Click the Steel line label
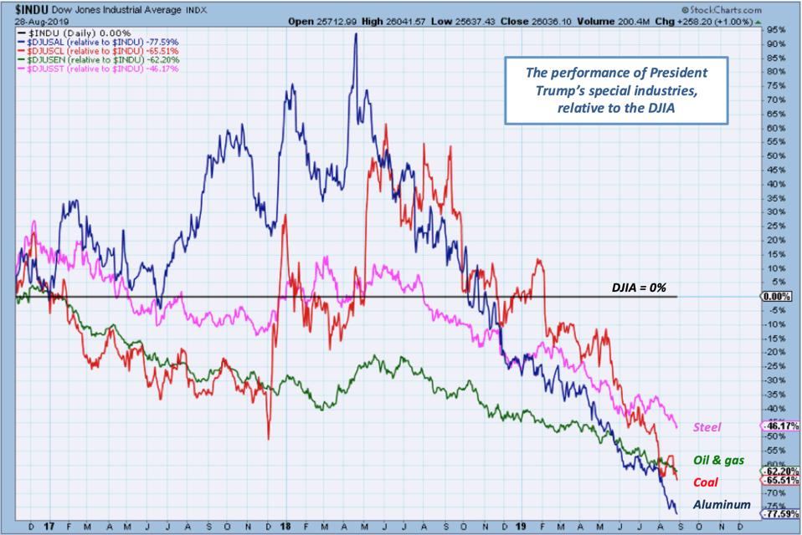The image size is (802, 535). (x=708, y=427)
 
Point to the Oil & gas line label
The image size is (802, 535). (x=717, y=461)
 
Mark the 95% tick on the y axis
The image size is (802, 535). (x=774, y=29)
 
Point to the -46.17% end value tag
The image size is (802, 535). (x=780, y=425)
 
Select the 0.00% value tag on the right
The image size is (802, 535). (x=778, y=297)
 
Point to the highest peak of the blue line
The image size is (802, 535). (x=356, y=34)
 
